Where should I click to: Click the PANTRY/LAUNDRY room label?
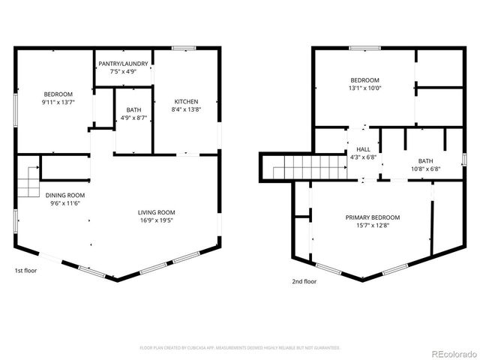pos(123,64)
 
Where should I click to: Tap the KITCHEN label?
pos(187,101)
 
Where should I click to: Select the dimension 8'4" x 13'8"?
pos(187,109)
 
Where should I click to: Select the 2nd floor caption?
pos(304,281)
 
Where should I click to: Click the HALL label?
pos(364,149)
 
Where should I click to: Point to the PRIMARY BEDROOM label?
pos(372,217)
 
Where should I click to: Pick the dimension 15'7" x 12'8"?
pos(372,226)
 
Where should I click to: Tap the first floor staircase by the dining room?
pos(28,181)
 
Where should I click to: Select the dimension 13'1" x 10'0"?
pos(364,88)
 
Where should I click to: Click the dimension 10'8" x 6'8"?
pos(425,169)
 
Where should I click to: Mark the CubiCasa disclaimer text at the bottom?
pos(240,348)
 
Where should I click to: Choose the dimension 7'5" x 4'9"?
pos(123,72)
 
